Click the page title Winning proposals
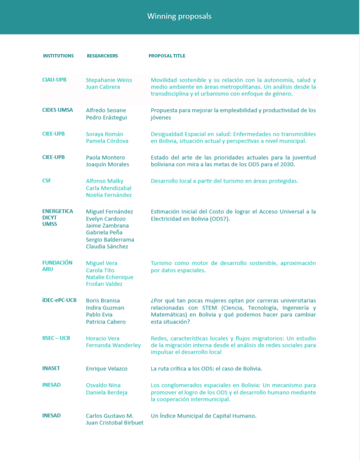tap(179, 16)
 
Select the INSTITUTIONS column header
tap(58, 56)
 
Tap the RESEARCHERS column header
tap(102, 56)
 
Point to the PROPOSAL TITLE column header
tap(167, 56)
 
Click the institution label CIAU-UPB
tap(54, 80)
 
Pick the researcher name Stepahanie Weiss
tap(109, 80)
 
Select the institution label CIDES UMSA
tap(58, 110)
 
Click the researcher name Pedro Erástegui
tap(106, 118)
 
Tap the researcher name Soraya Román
tap(104, 134)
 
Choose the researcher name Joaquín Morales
tap(108, 164)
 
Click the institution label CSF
tap(46, 181)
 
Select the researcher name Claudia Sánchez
tap(107, 246)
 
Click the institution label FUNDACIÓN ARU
tap(57, 266)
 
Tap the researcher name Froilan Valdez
tap(104, 284)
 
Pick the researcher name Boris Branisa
tap(103, 300)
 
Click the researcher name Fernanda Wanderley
tap(113, 345)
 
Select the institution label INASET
tap(51, 368)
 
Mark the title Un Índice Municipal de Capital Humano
tap(203, 416)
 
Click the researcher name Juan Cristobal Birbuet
tap(115, 423)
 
